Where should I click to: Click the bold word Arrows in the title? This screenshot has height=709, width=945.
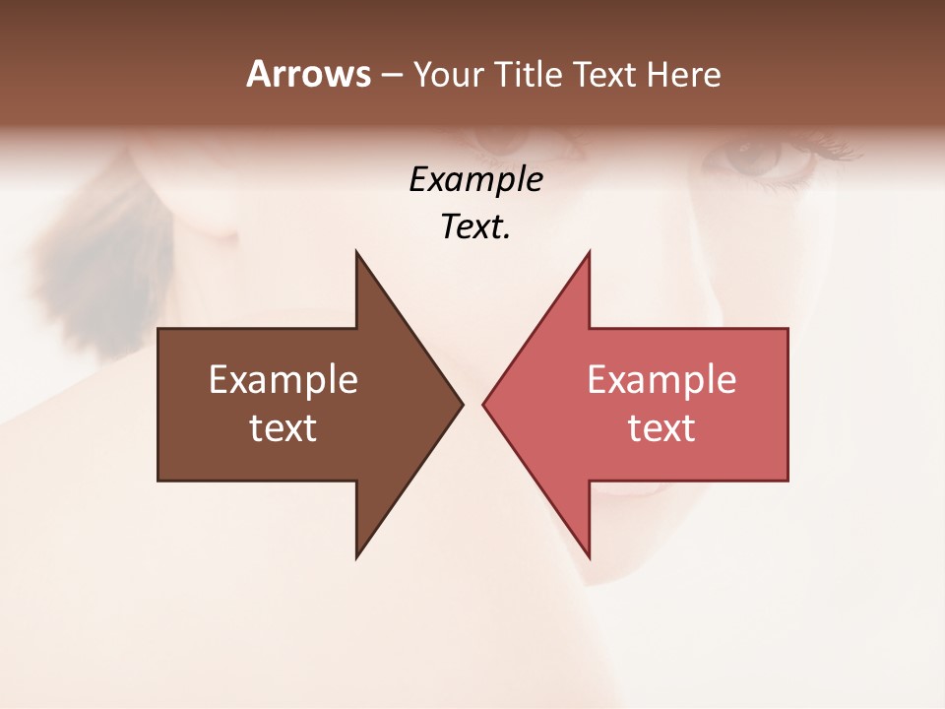coord(309,74)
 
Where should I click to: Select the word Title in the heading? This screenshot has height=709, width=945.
coord(530,75)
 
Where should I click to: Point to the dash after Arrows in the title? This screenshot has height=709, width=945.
coord(392,75)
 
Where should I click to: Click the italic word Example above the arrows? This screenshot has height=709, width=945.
coord(475,180)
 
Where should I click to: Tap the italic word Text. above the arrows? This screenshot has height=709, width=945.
coord(475,227)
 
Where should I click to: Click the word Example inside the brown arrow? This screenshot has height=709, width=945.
coord(283,380)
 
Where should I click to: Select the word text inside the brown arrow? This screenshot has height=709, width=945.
coord(283,428)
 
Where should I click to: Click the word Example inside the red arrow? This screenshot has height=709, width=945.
coord(661,380)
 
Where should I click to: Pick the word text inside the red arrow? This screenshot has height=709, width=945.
coord(661,428)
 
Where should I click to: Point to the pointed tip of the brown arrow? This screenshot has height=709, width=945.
coord(462,404)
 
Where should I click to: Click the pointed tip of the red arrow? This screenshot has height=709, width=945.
coord(483,404)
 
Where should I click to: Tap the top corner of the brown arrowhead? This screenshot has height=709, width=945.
coord(356,252)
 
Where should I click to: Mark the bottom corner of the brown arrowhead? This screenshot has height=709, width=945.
coord(356,557)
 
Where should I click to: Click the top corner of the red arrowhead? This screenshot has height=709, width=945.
coord(589,252)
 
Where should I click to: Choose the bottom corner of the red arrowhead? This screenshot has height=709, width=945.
coord(589,557)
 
